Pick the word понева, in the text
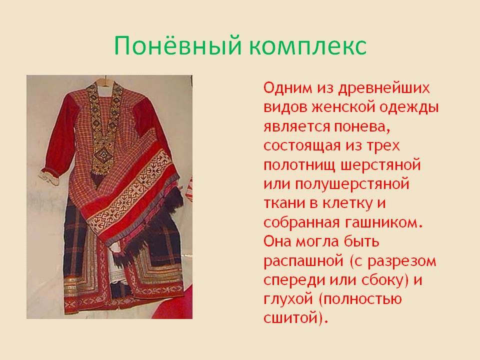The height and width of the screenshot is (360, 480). click(361, 126)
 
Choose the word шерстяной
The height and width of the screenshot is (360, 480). click(381, 165)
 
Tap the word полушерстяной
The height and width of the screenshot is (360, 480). click(352, 184)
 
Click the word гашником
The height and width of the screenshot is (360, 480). click(384, 223)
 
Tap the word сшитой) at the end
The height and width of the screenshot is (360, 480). click(295, 318)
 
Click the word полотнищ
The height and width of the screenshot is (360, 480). click(298, 165)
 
